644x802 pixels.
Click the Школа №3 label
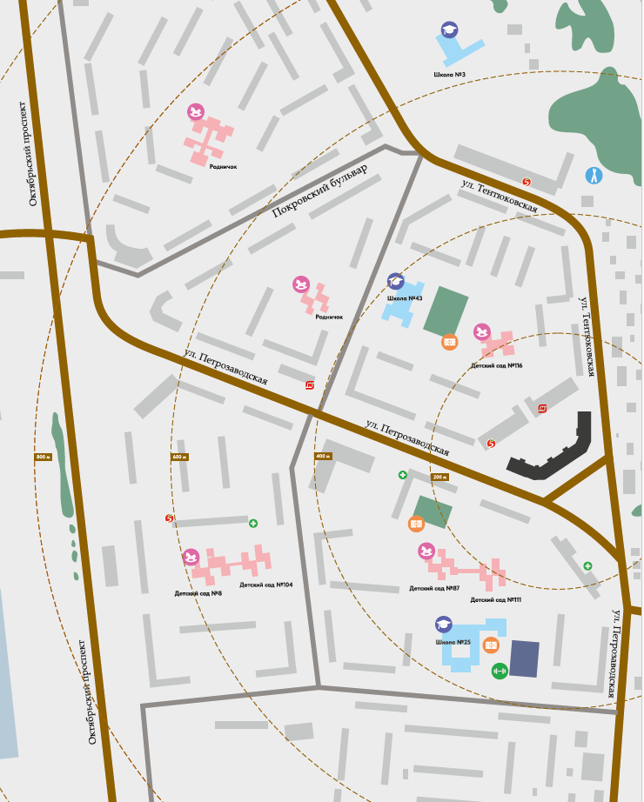tap(449, 75)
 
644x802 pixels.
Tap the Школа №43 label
tap(405, 298)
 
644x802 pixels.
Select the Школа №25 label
tap(453, 642)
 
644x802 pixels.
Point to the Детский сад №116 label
tap(495, 366)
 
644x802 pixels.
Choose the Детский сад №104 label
tap(266, 585)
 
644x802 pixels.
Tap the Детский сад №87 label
tap(434, 588)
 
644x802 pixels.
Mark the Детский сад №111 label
tap(495, 600)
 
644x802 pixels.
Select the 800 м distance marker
tap(44, 457)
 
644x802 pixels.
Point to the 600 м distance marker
tap(179, 457)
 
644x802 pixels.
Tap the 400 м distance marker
tap(324, 457)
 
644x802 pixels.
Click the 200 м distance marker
tap(440, 477)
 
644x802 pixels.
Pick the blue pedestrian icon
tap(594, 176)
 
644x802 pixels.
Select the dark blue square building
tap(524, 658)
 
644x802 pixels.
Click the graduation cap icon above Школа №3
tap(449, 30)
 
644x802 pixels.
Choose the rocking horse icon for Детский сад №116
tap(482, 332)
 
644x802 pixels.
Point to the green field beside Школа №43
tap(446, 311)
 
